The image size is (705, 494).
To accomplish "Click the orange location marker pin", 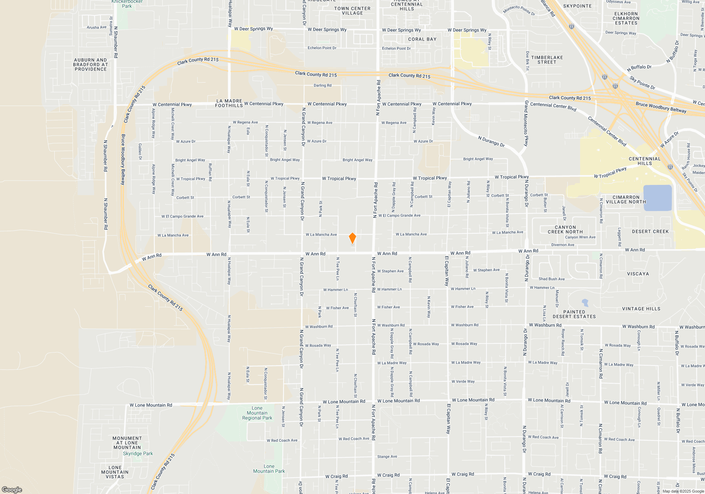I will [x=352, y=238].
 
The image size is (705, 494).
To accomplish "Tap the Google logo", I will [x=12, y=489].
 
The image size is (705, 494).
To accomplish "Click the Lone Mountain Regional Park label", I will [x=257, y=413].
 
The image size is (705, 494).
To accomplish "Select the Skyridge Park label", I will [x=138, y=453].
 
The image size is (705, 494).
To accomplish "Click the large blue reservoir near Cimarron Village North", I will [x=657, y=198].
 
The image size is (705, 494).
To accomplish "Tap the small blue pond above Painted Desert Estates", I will [x=585, y=302].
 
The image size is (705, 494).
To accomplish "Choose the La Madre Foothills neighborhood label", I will [x=229, y=103].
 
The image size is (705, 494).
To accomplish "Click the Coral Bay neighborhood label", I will [x=422, y=39].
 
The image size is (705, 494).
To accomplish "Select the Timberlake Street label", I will [x=547, y=60].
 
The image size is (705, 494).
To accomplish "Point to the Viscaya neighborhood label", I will [x=638, y=274].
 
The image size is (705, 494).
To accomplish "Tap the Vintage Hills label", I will [x=641, y=309].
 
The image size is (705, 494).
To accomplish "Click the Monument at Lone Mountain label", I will [x=127, y=442].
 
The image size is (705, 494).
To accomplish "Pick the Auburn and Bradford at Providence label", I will [x=91, y=65].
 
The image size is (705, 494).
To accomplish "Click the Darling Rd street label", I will [x=323, y=85].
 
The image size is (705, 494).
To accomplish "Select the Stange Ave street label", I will [x=387, y=457].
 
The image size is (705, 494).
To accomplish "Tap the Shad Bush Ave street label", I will [x=551, y=279].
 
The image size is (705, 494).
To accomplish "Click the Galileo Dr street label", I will [x=140, y=151].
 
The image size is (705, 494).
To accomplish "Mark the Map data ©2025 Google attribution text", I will [x=683, y=491].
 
